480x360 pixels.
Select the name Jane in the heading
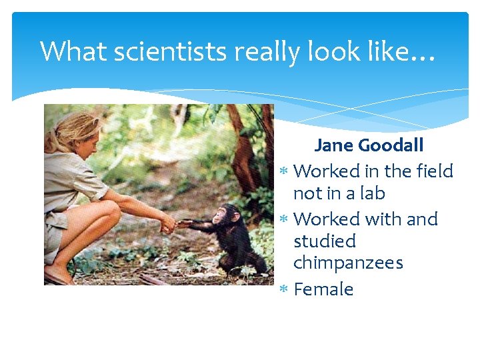tap(335, 145)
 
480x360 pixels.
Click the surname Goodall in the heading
tap(393, 145)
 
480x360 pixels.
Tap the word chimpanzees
tap(348, 263)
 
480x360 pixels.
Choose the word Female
tap(323, 289)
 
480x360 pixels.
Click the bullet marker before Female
tap(283, 290)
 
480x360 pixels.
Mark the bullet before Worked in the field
tap(283, 172)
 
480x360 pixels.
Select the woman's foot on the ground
tap(60, 275)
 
